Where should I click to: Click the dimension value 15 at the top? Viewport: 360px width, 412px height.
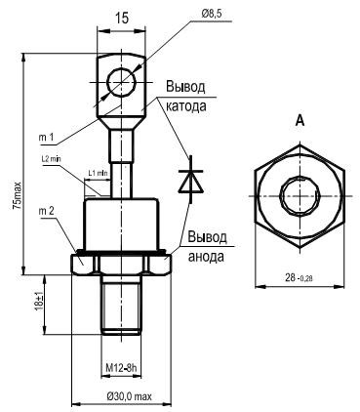point(122,18)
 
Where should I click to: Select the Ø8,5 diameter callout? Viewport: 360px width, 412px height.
point(214,14)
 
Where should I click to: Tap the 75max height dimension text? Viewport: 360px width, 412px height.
point(17,195)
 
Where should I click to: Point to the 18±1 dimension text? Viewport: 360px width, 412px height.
point(39,303)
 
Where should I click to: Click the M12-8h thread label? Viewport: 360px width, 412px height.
point(122,368)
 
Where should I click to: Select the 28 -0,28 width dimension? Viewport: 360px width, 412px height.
point(299,277)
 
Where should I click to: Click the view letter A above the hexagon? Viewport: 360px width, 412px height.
point(300,121)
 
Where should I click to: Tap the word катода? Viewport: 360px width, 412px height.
point(186,106)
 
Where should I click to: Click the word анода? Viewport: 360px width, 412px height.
point(206,256)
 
